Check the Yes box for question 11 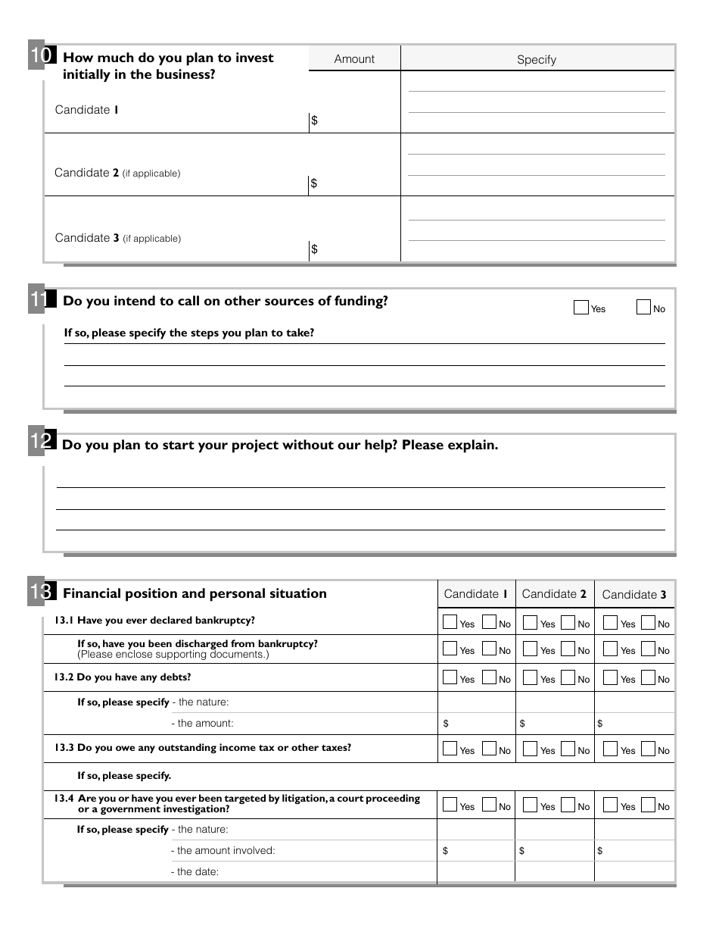(581, 308)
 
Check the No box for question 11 (643, 308)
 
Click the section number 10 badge (41, 56)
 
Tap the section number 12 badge (41, 443)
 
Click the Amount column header (354, 59)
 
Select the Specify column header (537, 60)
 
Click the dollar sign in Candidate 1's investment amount (315, 120)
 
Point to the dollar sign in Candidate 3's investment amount (315, 249)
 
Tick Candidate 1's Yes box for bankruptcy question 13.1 (450, 623)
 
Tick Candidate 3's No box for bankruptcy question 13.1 (648, 623)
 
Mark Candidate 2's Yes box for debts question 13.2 (530, 678)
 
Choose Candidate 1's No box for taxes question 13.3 (489, 749)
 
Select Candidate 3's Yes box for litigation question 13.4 (610, 805)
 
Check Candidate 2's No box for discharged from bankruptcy (568, 649)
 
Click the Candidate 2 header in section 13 (554, 594)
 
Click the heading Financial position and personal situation (195, 593)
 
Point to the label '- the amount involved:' (223, 851)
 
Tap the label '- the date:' (195, 872)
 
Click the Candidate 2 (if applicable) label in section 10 (117, 173)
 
